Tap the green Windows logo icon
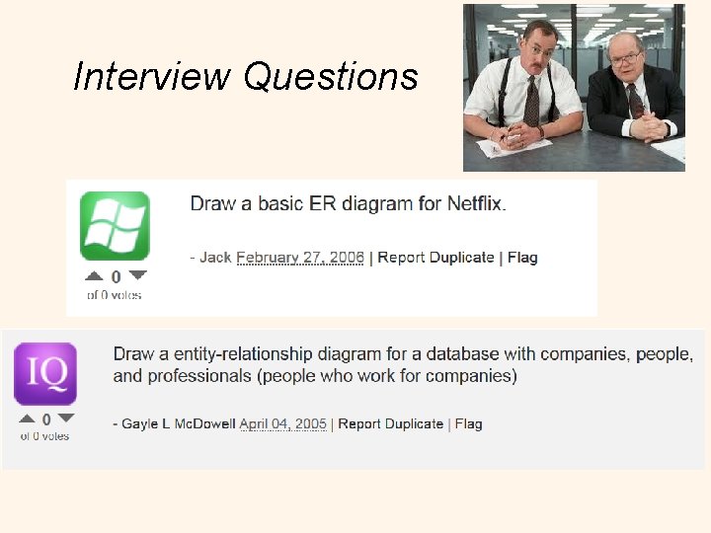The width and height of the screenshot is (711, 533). [115, 226]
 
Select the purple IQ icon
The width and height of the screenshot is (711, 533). [45, 374]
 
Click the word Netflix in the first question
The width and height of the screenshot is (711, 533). [475, 204]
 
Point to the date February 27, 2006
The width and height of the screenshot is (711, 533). [300, 258]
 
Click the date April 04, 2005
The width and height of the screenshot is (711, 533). [283, 423]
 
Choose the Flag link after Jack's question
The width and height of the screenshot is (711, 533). [522, 258]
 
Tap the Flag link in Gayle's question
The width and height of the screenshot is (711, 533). [468, 423]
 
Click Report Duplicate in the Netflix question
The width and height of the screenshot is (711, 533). [435, 258]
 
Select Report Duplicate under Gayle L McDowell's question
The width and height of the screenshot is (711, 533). [391, 423]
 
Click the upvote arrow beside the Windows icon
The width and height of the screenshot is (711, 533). [94, 276]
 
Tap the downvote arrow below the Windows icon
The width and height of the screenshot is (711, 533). [137, 276]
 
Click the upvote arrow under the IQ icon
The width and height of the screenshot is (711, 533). [26, 419]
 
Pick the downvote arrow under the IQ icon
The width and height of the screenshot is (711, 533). [66, 419]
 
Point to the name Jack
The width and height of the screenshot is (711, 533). [215, 258]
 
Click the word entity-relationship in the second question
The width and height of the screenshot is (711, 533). [258, 353]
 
